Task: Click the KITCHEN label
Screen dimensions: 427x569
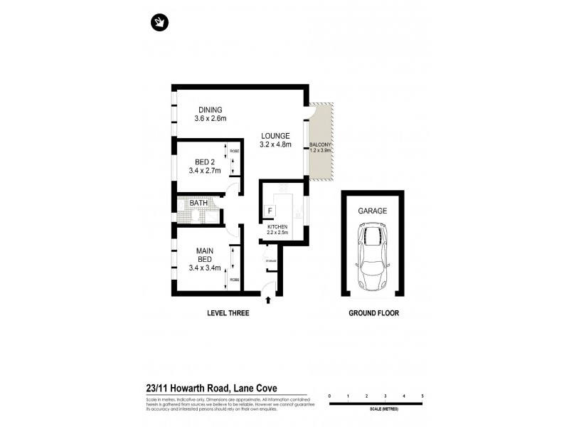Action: [x=277, y=227]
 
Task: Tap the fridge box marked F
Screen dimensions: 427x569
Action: [x=270, y=211]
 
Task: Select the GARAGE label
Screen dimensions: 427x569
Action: [x=371, y=211]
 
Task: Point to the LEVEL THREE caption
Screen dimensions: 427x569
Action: [x=228, y=313]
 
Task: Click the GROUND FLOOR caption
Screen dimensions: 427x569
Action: [x=371, y=313]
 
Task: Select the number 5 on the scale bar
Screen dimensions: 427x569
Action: [x=422, y=396]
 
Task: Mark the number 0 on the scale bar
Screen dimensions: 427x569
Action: [x=329, y=396]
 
